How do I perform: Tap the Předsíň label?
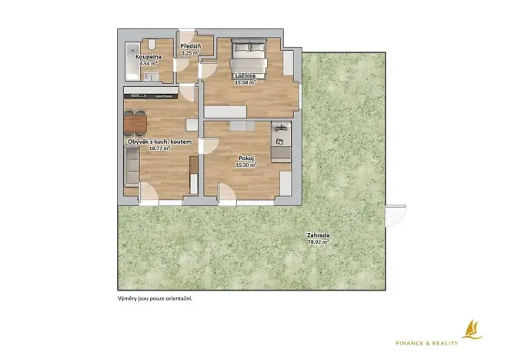coord(191,47)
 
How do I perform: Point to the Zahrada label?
coord(317,235)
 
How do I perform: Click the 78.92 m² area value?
coord(317,242)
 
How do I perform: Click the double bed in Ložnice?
coord(249,55)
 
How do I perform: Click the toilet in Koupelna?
coord(154,44)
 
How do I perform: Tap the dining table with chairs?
coord(133,122)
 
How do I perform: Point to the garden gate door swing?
coord(395,215)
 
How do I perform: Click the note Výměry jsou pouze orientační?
coord(155,297)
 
